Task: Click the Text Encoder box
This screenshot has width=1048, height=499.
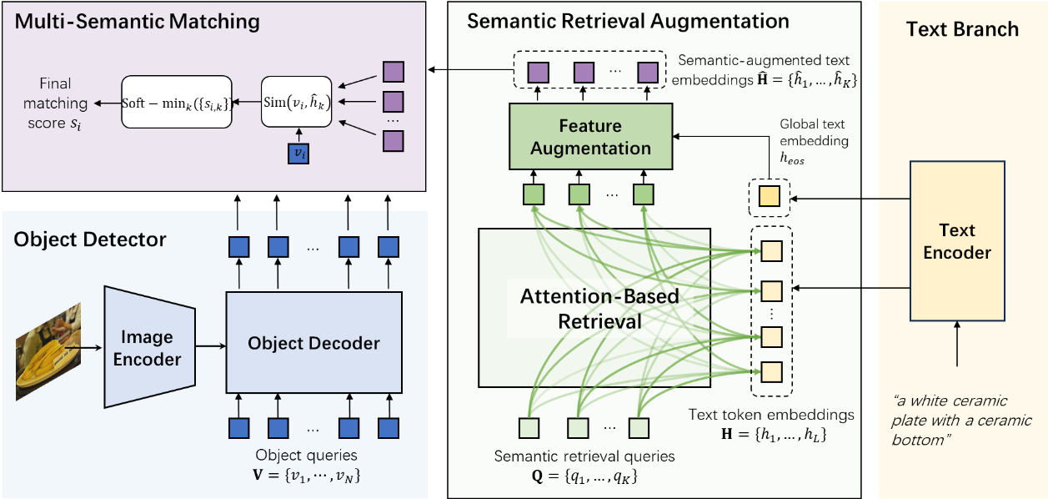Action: (x=956, y=241)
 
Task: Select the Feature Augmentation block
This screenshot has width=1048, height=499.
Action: (x=589, y=138)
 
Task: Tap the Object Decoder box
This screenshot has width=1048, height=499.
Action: (x=313, y=343)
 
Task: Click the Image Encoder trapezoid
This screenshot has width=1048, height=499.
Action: (x=148, y=347)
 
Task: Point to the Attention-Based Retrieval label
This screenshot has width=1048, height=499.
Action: (x=599, y=309)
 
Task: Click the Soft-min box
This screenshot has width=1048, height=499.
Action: (x=176, y=103)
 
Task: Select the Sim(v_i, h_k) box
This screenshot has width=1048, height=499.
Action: (x=297, y=103)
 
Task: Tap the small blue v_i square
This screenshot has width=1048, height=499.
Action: (x=296, y=154)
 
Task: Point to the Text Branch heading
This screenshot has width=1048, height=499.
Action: (x=962, y=30)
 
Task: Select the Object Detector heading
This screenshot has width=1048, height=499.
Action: (x=90, y=240)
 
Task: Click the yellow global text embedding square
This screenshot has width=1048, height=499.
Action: (x=769, y=198)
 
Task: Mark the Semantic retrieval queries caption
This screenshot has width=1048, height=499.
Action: (x=584, y=456)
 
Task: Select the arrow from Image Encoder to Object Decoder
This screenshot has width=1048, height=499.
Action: (x=209, y=345)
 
